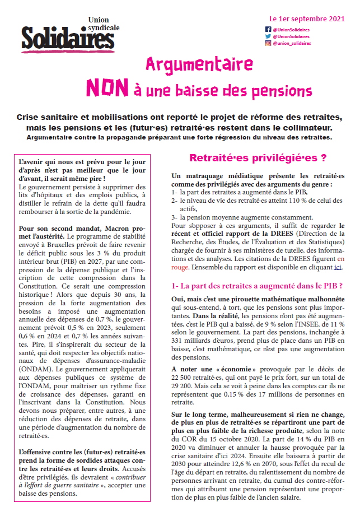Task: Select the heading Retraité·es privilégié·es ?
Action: [258, 158]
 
